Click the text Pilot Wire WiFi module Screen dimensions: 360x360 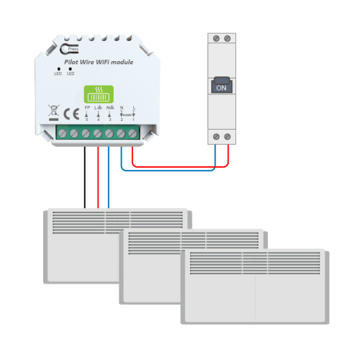point(99,63)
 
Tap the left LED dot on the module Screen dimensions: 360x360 point(58,68)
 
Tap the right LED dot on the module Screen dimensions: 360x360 point(71,68)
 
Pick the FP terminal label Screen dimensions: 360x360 point(86,107)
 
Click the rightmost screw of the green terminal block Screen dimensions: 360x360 point(132,133)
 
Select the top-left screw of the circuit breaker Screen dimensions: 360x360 point(215,37)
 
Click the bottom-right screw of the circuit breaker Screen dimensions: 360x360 point(228,136)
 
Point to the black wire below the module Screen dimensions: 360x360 point(86,176)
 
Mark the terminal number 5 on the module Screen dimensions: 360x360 point(86,119)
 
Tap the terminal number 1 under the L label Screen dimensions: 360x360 point(132,119)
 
